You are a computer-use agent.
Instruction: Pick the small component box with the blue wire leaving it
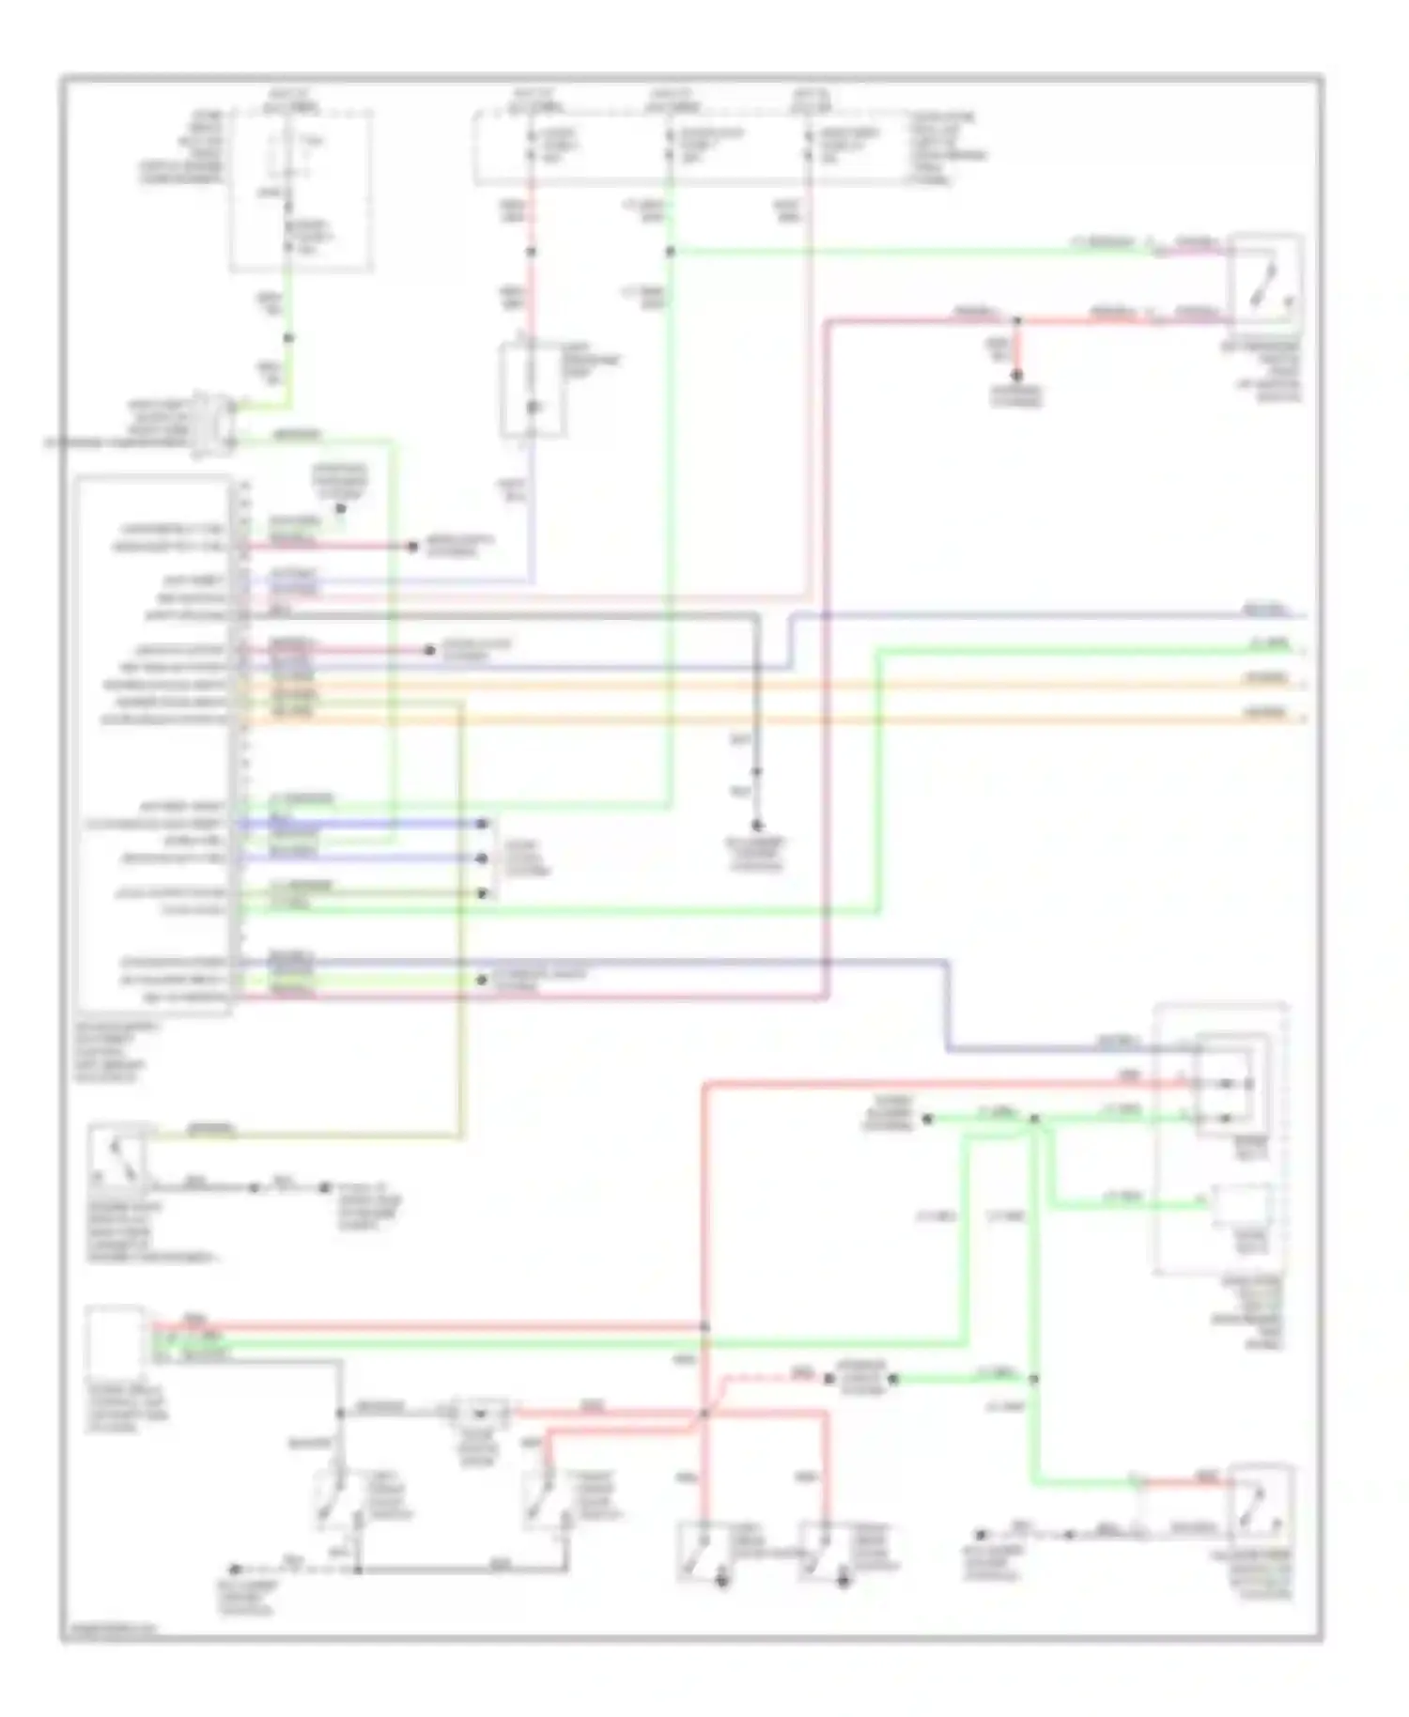[x=533, y=390]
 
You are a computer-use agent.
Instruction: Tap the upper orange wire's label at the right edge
[x=1264, y=678]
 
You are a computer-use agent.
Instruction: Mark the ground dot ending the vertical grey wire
[x=757, y=826]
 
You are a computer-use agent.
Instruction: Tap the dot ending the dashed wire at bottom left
[x=236, y=1570]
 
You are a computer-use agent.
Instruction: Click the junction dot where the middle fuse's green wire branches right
[x=670, y=252]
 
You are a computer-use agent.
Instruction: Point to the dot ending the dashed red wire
[x=828, y=1380]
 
